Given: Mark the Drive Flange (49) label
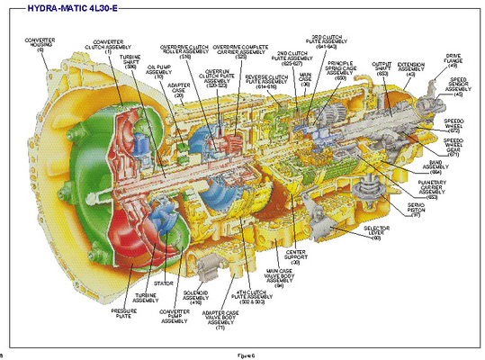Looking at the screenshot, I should coord(454,61).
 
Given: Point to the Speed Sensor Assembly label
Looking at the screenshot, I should coord(457,85).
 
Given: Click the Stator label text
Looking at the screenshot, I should coord(165,282).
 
